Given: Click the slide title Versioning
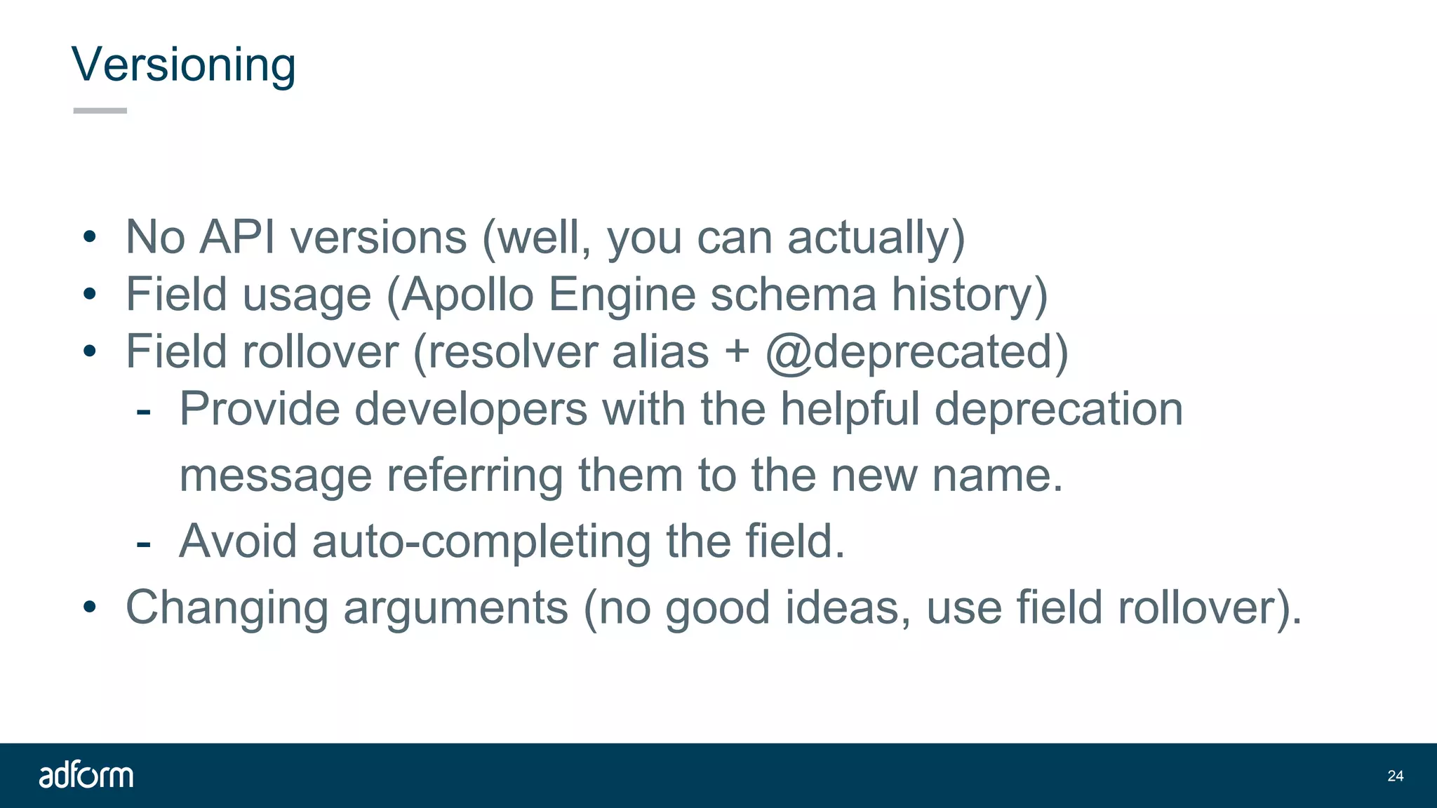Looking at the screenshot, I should click(183, 65).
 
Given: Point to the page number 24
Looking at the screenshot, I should click(1395, 776).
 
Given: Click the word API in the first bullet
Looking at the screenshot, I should click(237, 237).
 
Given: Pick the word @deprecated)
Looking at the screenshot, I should click(916, 351).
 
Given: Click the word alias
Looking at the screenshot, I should click(660, 351).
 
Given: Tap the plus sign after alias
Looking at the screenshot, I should click(737, 351).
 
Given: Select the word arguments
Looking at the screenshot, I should click(455, 607).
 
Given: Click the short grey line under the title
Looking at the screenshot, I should click(100, 111).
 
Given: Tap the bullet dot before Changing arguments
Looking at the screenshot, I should click(89, 607).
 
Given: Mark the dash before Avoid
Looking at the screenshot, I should click(144, 542).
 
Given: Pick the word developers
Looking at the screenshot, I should click(471, 409).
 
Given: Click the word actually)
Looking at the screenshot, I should click(876, 237).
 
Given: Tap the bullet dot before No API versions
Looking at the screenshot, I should click(89, 238).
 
